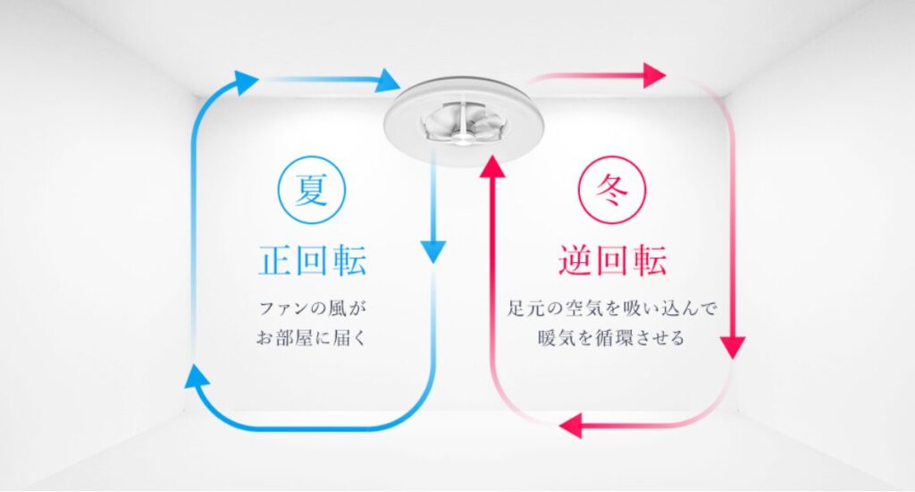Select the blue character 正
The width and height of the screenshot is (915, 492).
coord(275,260)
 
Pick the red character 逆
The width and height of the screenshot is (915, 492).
coord(575,260)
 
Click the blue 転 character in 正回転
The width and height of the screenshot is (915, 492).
coord(349,260)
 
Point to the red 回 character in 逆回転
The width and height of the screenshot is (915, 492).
coord(612,260)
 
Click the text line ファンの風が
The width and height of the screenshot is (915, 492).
coord(312,308)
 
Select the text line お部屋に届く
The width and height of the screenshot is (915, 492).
coord(312,338)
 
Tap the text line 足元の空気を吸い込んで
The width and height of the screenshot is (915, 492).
coord(611,308)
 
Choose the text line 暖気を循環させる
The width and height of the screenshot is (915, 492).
coord(611,338)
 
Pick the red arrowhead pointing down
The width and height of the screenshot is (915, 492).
coord(733,348)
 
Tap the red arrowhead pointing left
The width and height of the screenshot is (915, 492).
coord(571,426)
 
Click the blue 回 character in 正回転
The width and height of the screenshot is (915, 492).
coord(312,260)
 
